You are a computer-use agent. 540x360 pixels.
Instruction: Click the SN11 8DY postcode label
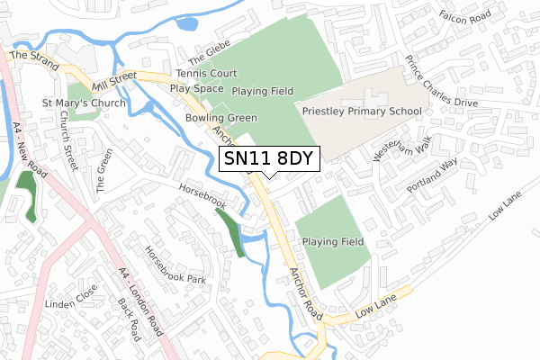coord(269,157)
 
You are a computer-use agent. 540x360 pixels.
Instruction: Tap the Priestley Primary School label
coord(362,112)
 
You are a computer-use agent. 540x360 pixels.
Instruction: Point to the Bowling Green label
coord(221,118)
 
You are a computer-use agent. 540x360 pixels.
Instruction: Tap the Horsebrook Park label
coord(175,265)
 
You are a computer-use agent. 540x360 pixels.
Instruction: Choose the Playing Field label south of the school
coord(333,242)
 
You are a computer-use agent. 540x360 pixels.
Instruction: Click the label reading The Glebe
coord(211,48)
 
